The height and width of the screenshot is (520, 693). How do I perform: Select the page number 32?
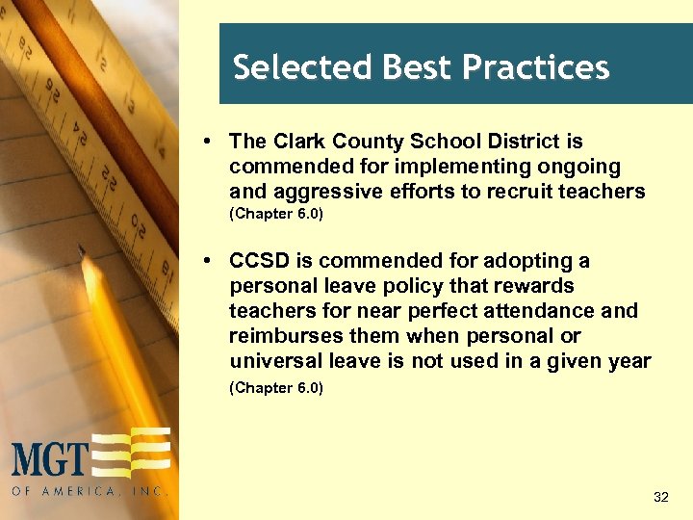660,497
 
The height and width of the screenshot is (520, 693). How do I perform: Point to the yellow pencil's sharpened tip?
85,252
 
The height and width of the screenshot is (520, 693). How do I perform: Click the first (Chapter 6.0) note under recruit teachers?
276,214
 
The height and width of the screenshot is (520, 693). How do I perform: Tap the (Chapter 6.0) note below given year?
276,388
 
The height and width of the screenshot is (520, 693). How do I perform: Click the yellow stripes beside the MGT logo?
135,452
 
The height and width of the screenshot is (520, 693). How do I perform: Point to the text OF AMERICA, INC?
90,490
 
